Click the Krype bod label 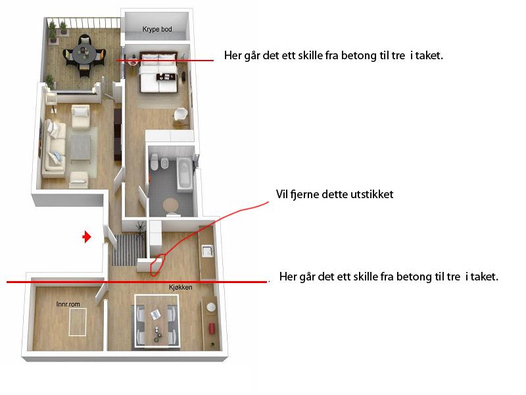(x=157, y=29)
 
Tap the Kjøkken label (x=180, y=287)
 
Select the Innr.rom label (x=68, y=304)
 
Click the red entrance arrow (x=87, y=237)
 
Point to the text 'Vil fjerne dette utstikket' (x=335, y=194)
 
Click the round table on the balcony (x=84, y=53)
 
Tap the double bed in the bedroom (x=158, y=72)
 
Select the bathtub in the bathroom (x=185, y=174)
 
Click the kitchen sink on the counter (x=207, y=251)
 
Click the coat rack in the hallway (x=140, y=228)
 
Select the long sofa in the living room (x=54, y=147)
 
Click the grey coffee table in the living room (x=80, y=147)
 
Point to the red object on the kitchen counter (x=212, y=328)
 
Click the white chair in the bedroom (x=181, y=115)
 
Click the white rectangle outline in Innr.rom (x=78, y=322)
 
